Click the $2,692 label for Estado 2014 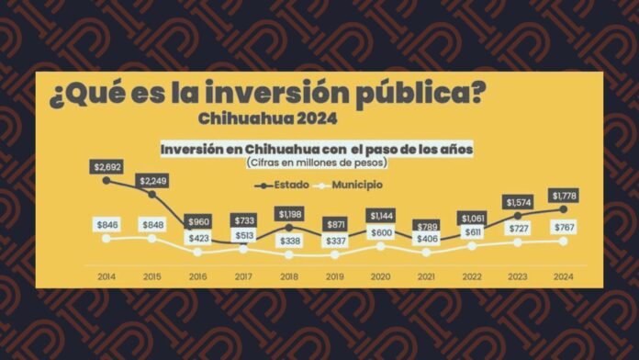click(x=106, y=166)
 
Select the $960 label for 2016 click(x=197, y=222)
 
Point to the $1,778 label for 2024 click(x=564, y=195)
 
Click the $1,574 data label click(x=518, y=201)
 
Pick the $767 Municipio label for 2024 click(x=564, y=226)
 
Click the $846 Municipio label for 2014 click(x=106, y=224)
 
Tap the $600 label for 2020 click(x=380, y=232)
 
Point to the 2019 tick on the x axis click(x=334, y=275)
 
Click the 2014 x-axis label click(x=106, y=275)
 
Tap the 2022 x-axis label click(x=472, y=275)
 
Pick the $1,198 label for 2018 click(x=288, y=214)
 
